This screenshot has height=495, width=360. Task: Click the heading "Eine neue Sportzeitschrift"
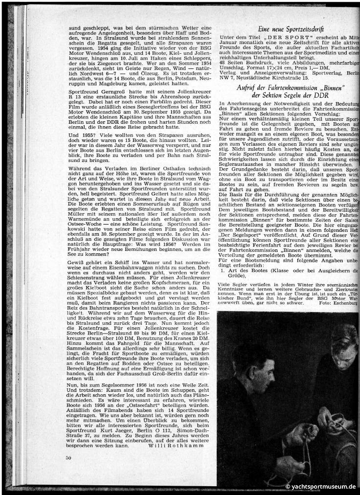point(289,30)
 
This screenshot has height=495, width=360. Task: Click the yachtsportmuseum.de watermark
point(321,487)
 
